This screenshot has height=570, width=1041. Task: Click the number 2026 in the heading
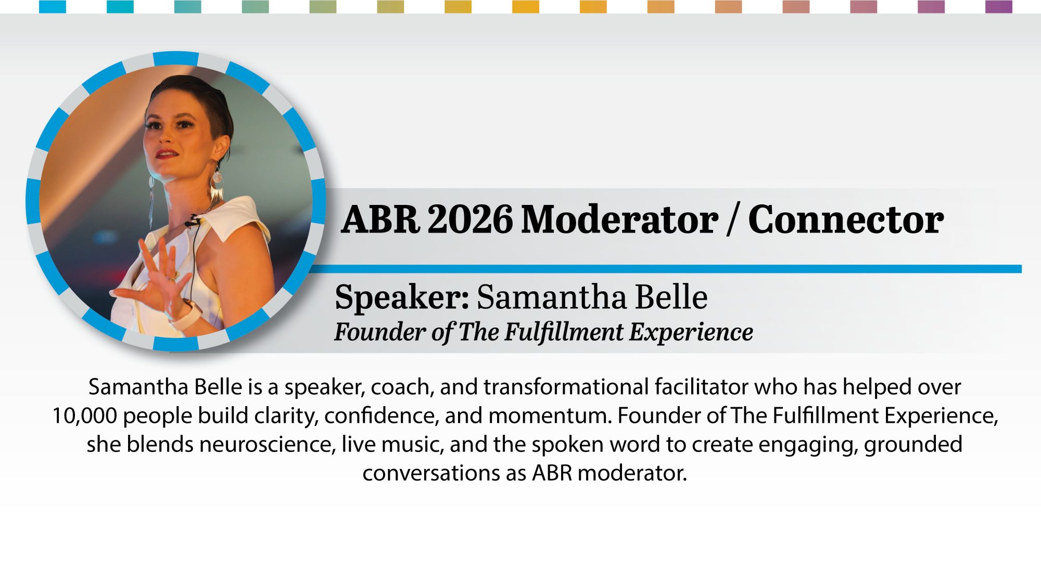(x=471, y=219)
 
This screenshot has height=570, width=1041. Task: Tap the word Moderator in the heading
(x=620, y=219)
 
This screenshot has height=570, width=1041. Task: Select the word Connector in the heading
(x=846, y=219)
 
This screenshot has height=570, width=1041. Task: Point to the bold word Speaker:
(x=402, y=298)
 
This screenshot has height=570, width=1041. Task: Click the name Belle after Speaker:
(x=671, y=297)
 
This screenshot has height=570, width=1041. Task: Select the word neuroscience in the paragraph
(x=267, y=445)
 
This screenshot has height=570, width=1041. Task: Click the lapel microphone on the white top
(x=193, y=222)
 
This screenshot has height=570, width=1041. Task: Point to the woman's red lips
(x=166, y=154)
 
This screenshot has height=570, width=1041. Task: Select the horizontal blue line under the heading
(x=666, y=269)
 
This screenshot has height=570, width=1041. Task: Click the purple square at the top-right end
(x=999, y=6)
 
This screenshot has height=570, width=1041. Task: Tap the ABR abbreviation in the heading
(x=380, y=219)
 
